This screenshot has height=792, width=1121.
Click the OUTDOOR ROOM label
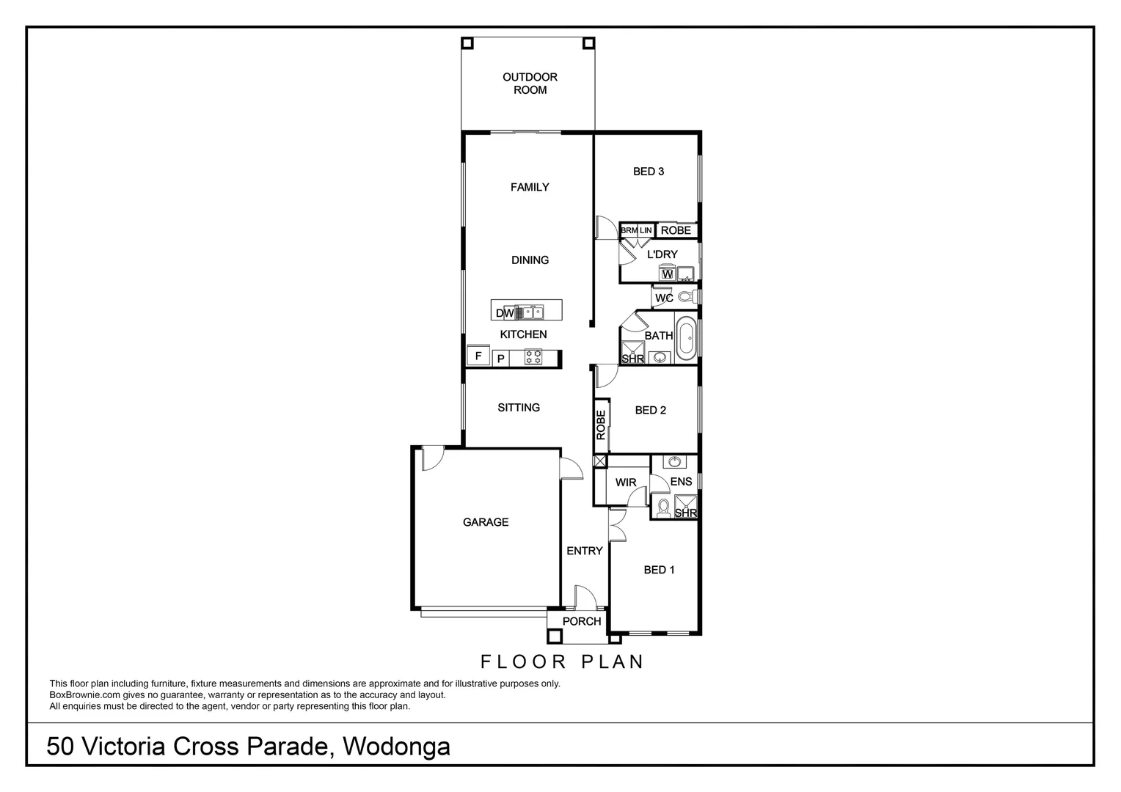530,84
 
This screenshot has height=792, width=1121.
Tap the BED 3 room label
649,172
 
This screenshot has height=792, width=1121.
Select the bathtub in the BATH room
686,338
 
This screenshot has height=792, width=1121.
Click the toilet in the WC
686,297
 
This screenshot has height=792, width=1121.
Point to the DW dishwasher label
505,313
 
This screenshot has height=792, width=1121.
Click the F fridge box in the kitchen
478,356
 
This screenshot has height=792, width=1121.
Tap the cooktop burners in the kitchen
533,358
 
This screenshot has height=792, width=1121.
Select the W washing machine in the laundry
667,274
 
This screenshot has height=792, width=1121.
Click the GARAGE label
486,522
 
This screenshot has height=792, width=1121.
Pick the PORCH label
582,621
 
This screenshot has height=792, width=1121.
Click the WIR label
626,483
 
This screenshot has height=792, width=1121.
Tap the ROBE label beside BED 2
601,425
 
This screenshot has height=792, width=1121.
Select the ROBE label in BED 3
676,230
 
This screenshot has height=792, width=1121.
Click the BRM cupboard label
629,230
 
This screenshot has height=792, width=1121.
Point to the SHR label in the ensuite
686,513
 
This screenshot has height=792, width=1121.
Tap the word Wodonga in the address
397,747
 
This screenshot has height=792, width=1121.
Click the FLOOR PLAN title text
562,661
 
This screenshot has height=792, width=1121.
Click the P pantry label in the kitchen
500,359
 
